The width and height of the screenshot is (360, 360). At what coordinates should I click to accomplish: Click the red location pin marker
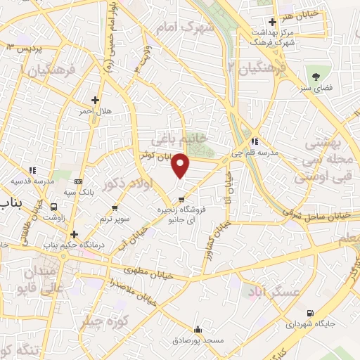point(181,165)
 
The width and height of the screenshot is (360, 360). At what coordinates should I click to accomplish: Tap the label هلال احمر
point(94,111)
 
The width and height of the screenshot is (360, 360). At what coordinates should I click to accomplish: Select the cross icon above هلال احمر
point(95,100)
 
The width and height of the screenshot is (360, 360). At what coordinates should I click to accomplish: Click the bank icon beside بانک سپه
point(78,181)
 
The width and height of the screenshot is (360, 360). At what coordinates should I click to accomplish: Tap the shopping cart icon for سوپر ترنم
point(115,208)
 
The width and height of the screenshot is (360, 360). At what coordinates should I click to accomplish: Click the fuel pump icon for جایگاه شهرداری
point(311,314)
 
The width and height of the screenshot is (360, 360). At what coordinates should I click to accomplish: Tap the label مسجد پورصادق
point(199,340)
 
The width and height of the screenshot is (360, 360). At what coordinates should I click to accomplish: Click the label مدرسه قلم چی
point(260,152)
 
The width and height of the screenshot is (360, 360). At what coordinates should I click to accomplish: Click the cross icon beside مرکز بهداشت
point(272,22)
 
